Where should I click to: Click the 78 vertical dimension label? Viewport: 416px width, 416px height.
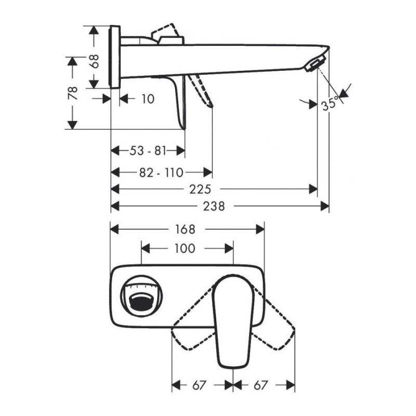tap(73, 93)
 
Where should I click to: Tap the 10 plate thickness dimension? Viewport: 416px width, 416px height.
tap(148, 98)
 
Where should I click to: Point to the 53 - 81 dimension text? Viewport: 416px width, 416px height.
tap(148, 151)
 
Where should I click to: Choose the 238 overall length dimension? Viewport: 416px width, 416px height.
tap(214, 206)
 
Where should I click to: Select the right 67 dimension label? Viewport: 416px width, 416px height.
tap(261, 385)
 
